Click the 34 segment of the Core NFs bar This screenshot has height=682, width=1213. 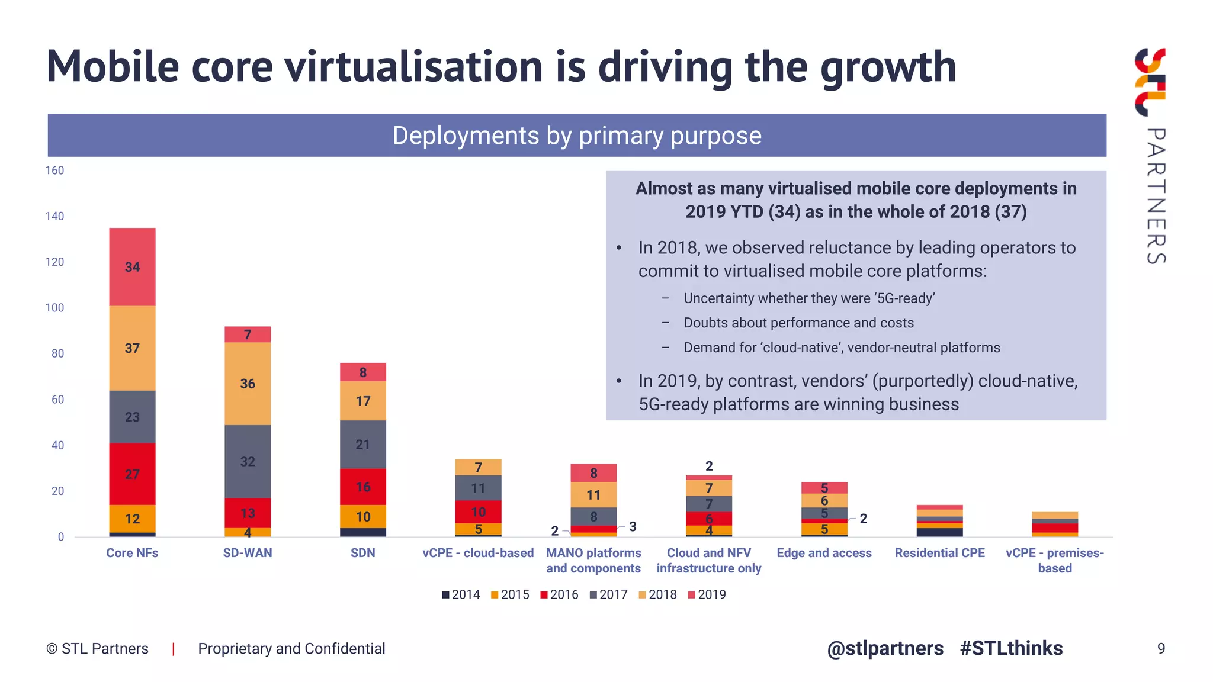[132, 267]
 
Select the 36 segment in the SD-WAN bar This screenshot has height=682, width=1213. [248, 384]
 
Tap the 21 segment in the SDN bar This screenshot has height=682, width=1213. [362, 445]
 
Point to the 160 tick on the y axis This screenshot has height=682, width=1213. [54, 170]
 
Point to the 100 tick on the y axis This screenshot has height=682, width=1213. [54, 308]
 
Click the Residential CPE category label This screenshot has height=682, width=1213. [939, 553]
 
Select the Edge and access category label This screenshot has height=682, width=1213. [824, 553]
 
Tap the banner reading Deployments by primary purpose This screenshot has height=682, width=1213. [576, 136]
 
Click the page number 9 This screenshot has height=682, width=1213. [1161, 649]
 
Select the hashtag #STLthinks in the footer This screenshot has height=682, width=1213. [1011, 648]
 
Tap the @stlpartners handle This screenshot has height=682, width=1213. [885, 648]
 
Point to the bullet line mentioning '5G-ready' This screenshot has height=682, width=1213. [808, 298]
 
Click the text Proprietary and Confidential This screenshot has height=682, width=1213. [291, 649]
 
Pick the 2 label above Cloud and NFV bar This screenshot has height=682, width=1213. [709, 466]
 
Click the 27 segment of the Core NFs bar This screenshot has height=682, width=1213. [132, 474]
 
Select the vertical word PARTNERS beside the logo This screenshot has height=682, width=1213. [1156, 195]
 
